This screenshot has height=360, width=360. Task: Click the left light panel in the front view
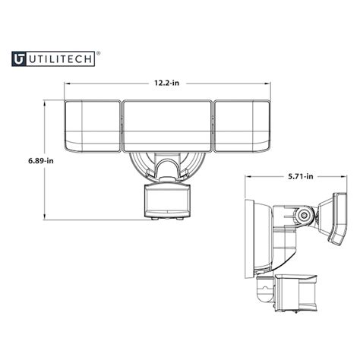91,127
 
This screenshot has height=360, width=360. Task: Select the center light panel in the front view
167,125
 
